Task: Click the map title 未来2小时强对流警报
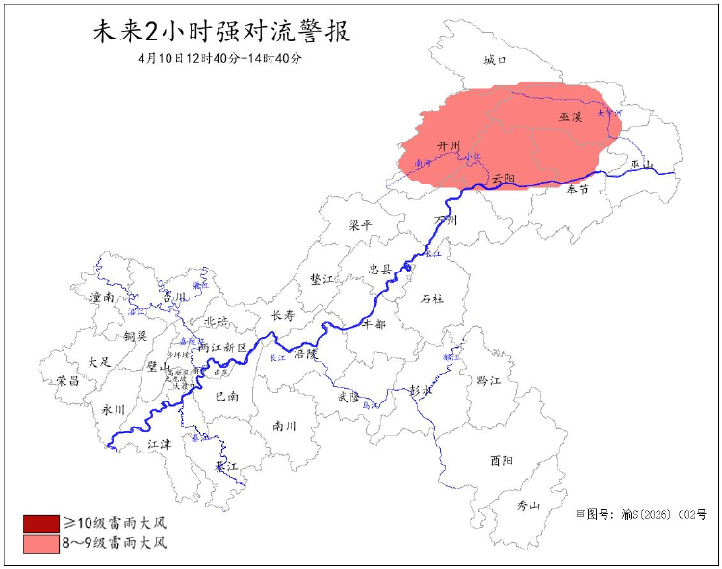220,32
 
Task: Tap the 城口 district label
495,60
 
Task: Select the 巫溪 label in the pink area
571,117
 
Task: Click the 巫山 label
642,165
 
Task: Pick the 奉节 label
578,190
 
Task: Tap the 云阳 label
503,179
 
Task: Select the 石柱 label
432,298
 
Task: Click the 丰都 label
373,324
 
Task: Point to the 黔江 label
489,381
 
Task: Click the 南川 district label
284,425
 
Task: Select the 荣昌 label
68,380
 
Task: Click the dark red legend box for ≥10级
41,524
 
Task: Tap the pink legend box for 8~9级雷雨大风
41,543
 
